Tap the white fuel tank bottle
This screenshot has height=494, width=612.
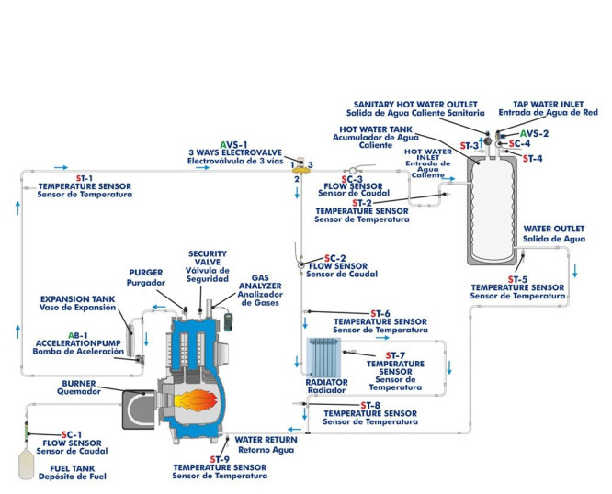click(x=28, y=462)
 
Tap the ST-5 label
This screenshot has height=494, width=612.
click(x=517, y=278)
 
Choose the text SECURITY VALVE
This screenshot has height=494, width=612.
click(x=207, y=258)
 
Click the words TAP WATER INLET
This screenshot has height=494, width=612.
click(x=535, y=103)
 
